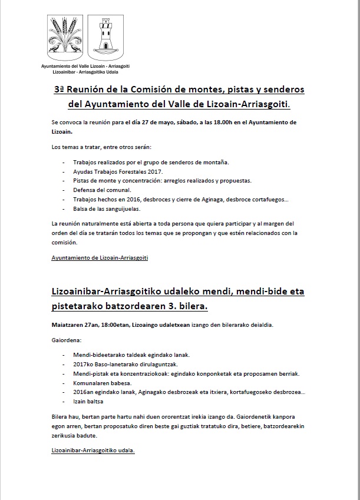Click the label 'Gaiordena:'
pos(65,340)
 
